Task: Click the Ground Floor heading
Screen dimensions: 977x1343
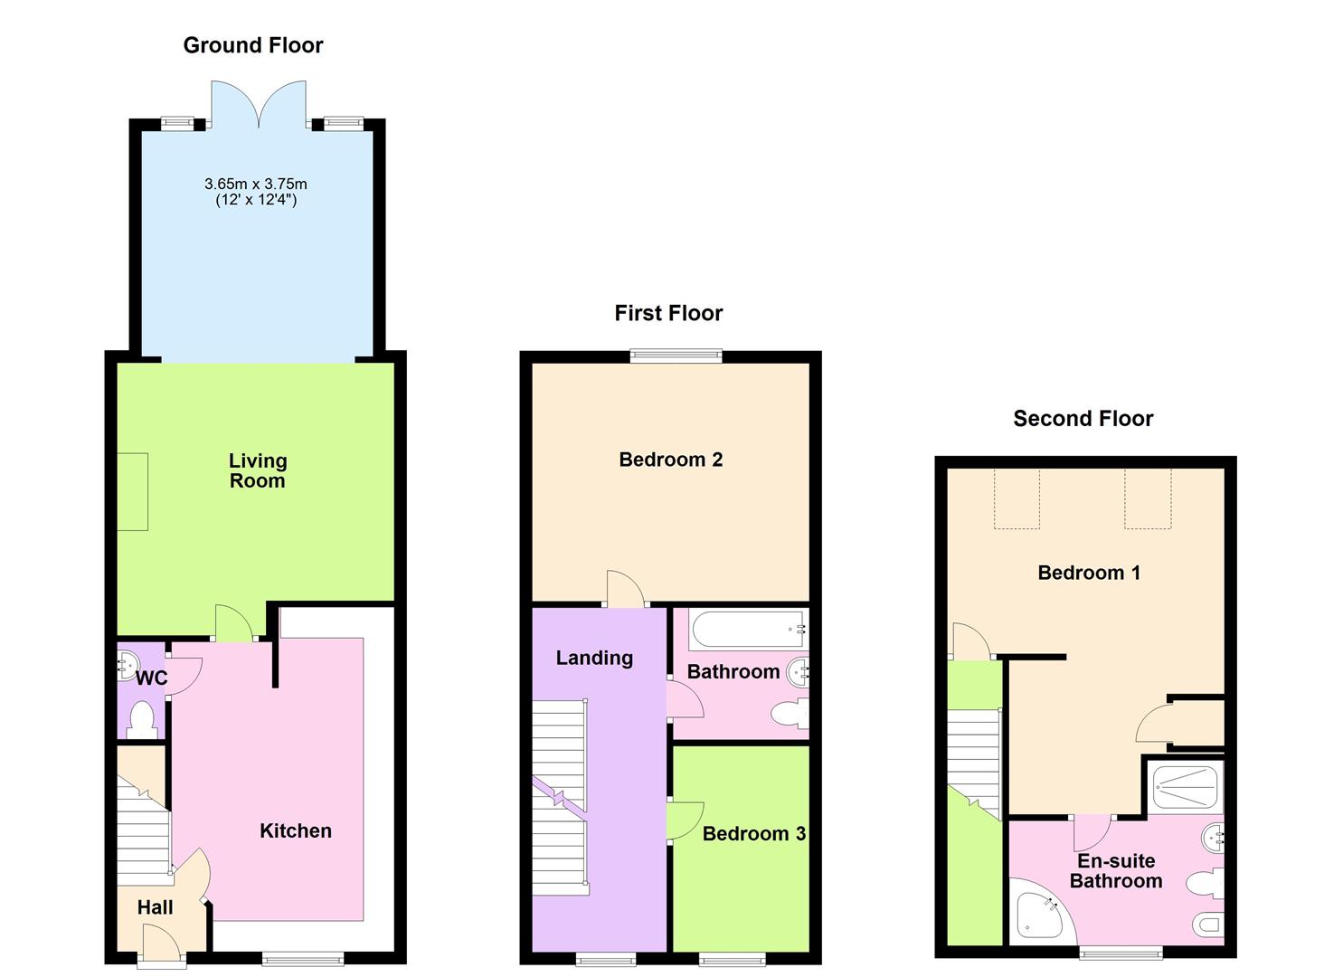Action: tap(253, 45)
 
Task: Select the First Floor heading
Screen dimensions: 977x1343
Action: tap(668, 313)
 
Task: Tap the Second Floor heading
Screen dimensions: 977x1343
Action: tap(1083, 419)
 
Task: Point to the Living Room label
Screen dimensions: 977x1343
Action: tap(257, 470)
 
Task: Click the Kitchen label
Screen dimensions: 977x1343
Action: tap(296, 830)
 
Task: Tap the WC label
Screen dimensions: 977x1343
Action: tap(152, 678)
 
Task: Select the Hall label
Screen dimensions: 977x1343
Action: tap(155, 907)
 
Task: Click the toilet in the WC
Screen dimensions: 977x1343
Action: tap(142, 720)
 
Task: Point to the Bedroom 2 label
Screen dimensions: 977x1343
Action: tap(670, 460)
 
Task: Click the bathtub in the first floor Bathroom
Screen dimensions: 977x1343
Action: tap(747, 629)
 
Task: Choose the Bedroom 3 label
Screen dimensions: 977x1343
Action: tap(753, 833)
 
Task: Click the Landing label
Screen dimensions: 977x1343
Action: tap(594, 658)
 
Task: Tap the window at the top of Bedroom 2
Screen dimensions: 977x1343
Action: tap(676, 356)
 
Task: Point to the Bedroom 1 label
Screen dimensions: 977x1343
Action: tap(1089, 573)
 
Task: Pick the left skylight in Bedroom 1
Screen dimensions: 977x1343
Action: tap(1017, 498)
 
